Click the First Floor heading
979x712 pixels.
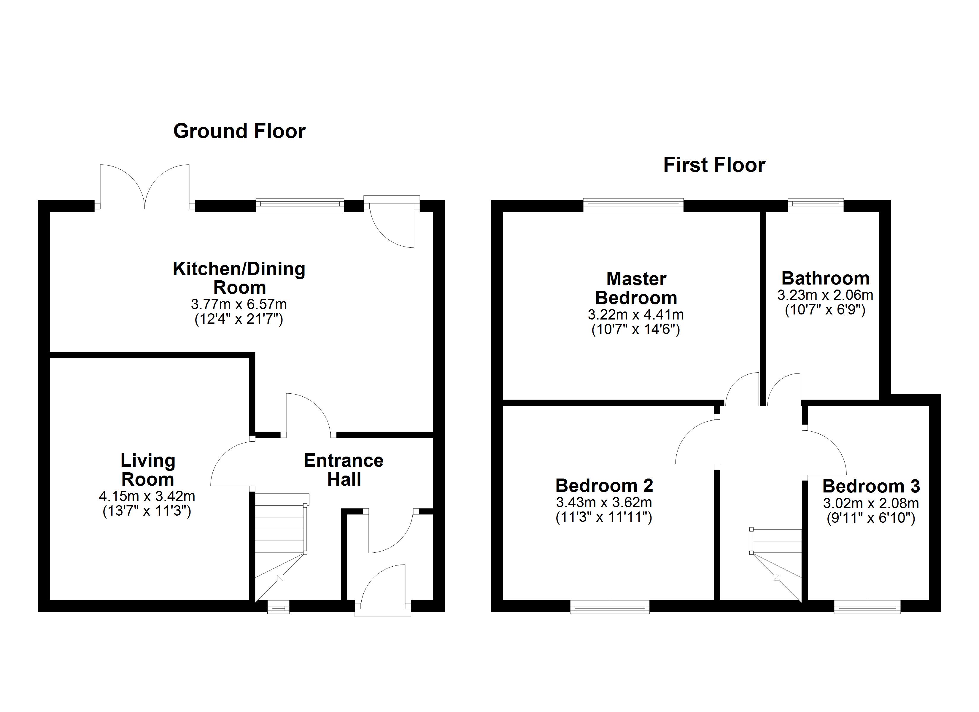pos(714,165)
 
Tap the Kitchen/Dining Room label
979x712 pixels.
pos(239,278)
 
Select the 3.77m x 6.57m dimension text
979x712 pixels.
pos(239,304)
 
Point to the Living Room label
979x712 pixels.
pos(148,470)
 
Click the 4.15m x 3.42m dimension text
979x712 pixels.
pos(147,496)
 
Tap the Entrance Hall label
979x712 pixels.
pos(344,470)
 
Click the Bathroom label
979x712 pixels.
pos(825,279)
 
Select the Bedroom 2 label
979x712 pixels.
pos(604,486)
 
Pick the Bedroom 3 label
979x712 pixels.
pos(871,487)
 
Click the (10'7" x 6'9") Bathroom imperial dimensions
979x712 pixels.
pos(825,310)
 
